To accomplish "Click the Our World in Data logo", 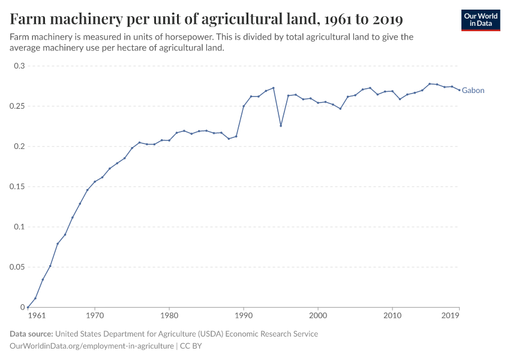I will (x=481, y=20).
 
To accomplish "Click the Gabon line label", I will (x=473, y=91).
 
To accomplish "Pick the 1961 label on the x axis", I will (x=36, y=315).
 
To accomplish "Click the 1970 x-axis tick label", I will (x=95, y=315).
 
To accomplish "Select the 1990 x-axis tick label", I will (x=244, y=315).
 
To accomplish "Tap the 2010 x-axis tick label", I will (x=392, y=315).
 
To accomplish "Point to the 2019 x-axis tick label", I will (x=451, y=315).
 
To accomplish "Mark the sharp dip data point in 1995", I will (x=281, y=125).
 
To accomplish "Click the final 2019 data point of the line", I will (x=459, y=90).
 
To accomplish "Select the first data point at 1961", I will (x=28, y=307).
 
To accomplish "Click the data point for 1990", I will (x=244, y=106).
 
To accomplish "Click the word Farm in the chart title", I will (x=28, y=20).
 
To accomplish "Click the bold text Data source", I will (x=31, y=334).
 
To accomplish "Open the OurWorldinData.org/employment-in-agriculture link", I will (x=92, y=346).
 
